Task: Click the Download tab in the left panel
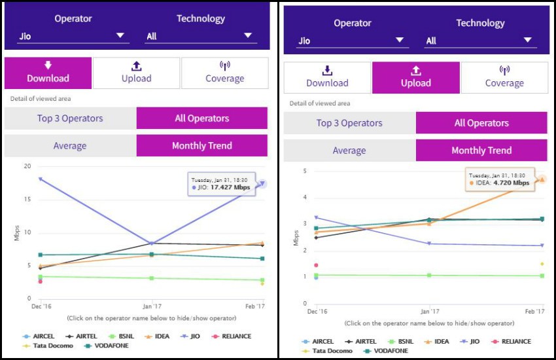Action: tap(48, 73)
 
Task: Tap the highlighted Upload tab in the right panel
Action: tap(415, 77)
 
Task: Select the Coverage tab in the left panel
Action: tap(224, 73)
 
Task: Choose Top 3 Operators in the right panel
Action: tap(349, 123)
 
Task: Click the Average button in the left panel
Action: tap(70, 145)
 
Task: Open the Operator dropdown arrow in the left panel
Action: tap(120, 35)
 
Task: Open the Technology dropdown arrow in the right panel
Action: tap(527, 40)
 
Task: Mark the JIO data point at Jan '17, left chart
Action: tap(152, 243)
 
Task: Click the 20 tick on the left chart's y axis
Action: tap(27, 166)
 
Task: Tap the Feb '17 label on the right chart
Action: tap(534, 312)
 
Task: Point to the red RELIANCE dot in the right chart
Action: tap(316, 265)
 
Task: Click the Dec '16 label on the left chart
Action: tap(41, 306)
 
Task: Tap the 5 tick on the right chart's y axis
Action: tap(305, 171)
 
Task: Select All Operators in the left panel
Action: tap(201, 118)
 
